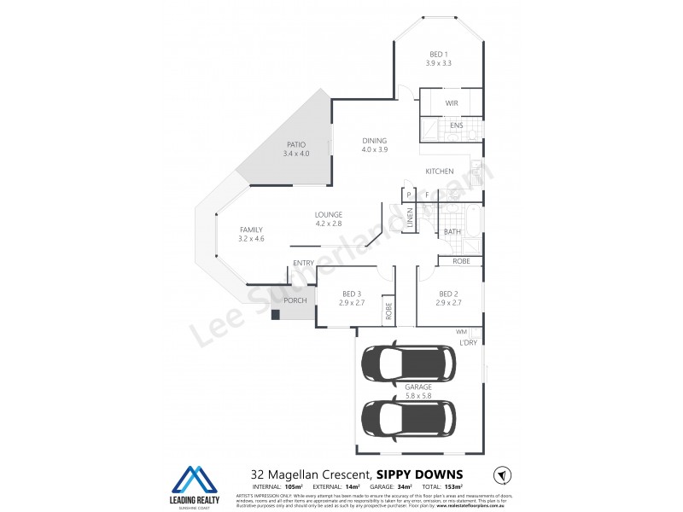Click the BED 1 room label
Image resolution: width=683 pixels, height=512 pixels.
pos(438,55)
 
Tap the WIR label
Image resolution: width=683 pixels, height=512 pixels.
pos(452,103)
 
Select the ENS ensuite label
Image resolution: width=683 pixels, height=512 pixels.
pos(457,126)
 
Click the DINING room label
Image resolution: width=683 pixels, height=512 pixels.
pos(374,141)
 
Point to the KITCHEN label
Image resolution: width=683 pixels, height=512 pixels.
pos(440,172)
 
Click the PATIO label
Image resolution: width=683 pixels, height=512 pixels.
pos(296,144)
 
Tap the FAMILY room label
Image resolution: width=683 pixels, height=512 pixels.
pos(251,229)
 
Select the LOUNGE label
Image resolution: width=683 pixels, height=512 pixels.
pos(328,214)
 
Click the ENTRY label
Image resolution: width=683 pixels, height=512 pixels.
pos(303,263)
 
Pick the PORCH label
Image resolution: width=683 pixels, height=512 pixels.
pos(295,300)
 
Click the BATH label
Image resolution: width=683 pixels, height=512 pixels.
pos(452,231)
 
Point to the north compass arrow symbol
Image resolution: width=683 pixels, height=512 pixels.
pos(502,474)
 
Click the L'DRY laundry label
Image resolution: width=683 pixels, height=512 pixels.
pos(468,342)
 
